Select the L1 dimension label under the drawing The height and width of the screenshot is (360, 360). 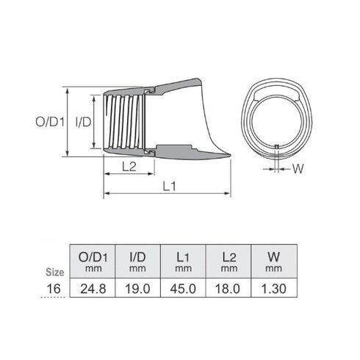pyautogui.click(x=168, y=187)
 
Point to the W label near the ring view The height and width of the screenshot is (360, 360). pyautogui.click(x=298, y=168)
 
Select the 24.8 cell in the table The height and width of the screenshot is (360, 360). pyautogui.click(x=93, y=289)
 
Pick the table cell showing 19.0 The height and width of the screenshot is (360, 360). pyautogui.click(x=140, y=289)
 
